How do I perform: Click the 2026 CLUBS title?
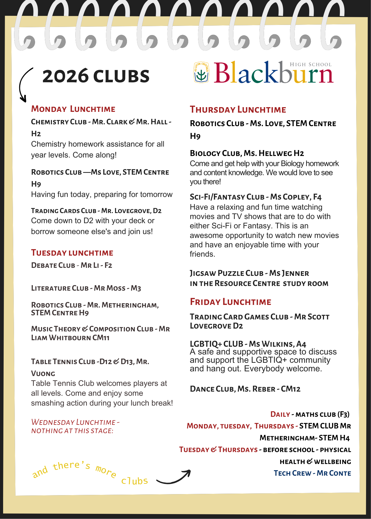coord(96,76)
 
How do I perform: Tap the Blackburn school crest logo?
coord(201,72)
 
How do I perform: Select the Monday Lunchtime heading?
coord(73,109)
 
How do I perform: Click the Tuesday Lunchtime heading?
coord(72,253)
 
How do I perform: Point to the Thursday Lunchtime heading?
coord(238,110)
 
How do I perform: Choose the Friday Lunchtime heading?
coord(231,302)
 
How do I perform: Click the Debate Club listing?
coord(72,265)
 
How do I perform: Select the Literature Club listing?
coord(86,288)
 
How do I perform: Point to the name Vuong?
coord(43,373)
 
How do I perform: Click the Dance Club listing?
coord(245,389)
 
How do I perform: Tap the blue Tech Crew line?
coord(312,473)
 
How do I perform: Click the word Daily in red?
coord(280,414)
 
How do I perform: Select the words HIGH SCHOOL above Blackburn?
coord(311,64)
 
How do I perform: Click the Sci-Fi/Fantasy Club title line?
coord(256,197)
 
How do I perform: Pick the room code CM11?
coord(101,338)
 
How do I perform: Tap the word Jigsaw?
coord(203,273)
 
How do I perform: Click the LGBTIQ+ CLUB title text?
coord(217,344)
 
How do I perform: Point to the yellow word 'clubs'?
coord(134,481)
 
